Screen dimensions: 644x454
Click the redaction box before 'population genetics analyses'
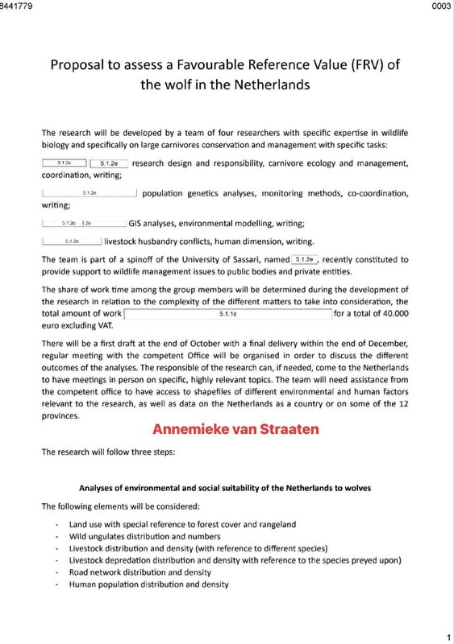point(90,193)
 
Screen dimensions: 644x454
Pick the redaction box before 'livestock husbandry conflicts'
point(71,241)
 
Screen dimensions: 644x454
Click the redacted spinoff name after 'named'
point(304,259)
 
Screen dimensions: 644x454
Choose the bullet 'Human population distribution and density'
point(149,584)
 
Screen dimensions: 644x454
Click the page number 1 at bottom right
point(448,635)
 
